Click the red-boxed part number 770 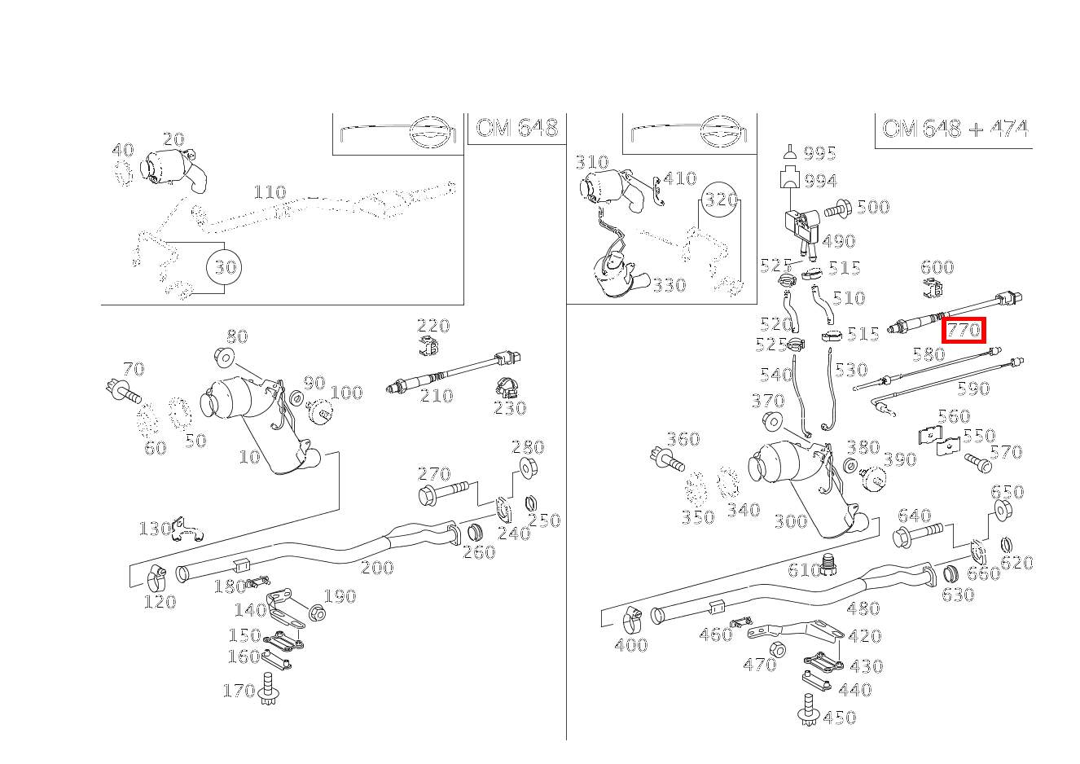pos(964,330)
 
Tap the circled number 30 pos(225,267)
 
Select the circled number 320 pos(720,200)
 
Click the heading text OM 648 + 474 pos(954,129)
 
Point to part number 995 pos(819,154)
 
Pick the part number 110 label pos(270,192)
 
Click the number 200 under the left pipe pos(377,568)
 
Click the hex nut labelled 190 pos(318,613)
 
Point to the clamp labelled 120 pos(157,580)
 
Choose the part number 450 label pos(840,718)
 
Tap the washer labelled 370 pos(770,422)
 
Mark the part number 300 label pos(790,522)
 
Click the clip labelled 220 pos(428,347)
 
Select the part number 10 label pos(249,457)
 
